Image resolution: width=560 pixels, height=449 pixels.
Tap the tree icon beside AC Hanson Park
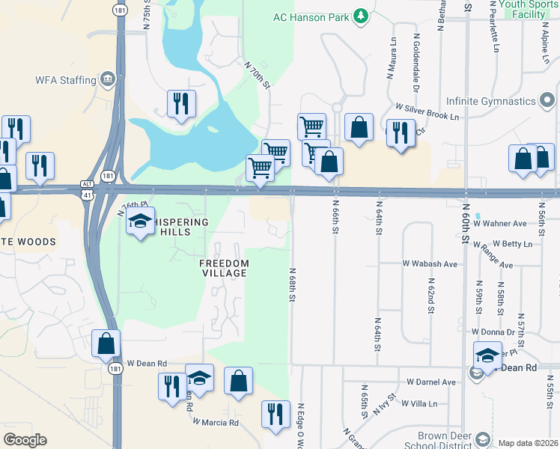361,15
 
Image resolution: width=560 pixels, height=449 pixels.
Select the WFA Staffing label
67,79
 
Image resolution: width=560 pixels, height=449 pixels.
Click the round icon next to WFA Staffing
108,79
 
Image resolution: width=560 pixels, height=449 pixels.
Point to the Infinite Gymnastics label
492,101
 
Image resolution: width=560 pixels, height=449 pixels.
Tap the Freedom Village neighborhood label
223,268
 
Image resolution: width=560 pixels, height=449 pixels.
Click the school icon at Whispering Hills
140,221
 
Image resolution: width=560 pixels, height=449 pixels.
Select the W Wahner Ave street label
501,224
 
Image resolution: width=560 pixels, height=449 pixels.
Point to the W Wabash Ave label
430,264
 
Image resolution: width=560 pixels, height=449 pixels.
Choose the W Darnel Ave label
430,382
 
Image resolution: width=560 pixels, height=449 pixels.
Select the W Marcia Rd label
215,422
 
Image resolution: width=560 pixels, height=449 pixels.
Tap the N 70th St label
256,75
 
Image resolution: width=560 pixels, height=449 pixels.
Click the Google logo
25,440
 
